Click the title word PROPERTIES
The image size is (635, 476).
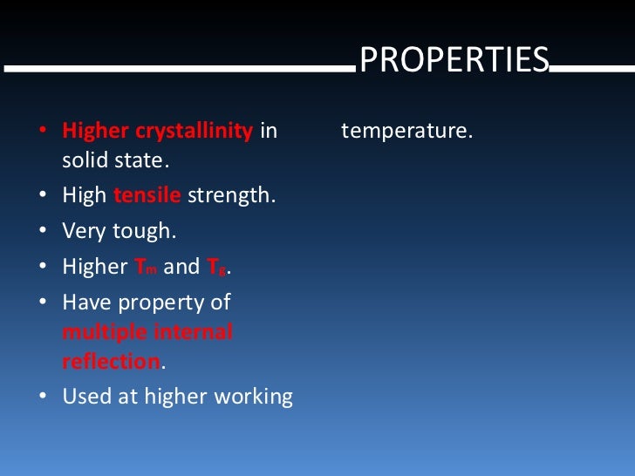click(x=454, y=59)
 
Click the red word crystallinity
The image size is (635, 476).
click(x=194, y=132)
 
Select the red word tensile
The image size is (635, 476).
click(x=147, y=195)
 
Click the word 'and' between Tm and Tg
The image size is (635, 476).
click(x=181, y=267)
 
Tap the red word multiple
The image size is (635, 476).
click(x=97, y=332)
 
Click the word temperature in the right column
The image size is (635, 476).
click(x=406, y=132)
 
